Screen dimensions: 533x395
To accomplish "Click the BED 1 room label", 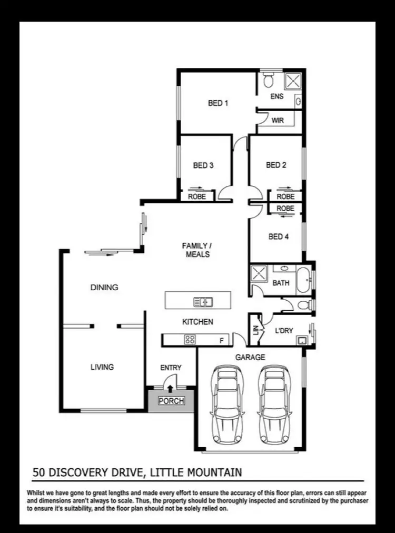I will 218,103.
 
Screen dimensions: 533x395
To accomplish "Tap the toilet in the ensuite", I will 269,81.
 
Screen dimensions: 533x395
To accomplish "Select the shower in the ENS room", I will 292,81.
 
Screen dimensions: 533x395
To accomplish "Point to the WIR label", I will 278,121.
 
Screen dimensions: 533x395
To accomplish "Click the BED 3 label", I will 203,165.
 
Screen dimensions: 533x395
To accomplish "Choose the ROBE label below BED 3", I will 197,196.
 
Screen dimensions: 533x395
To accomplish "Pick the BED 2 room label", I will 276,165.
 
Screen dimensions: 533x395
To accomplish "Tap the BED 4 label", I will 279,236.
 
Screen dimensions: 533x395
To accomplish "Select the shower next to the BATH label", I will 260,274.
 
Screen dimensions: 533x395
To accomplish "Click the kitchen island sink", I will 203,302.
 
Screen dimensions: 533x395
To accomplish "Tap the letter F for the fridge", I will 222,341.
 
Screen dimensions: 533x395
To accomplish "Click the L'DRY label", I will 284,331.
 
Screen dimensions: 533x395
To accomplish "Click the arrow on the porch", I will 171,389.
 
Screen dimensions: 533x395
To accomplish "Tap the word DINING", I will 104,288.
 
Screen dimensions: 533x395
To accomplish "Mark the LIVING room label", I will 102,367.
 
